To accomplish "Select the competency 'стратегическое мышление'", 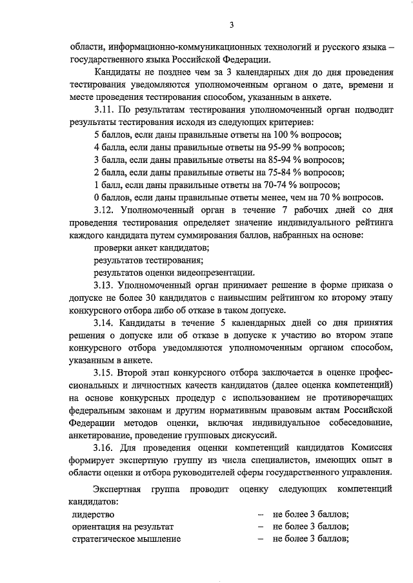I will [126, 539].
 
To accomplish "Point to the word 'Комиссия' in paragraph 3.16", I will [371, 446].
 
